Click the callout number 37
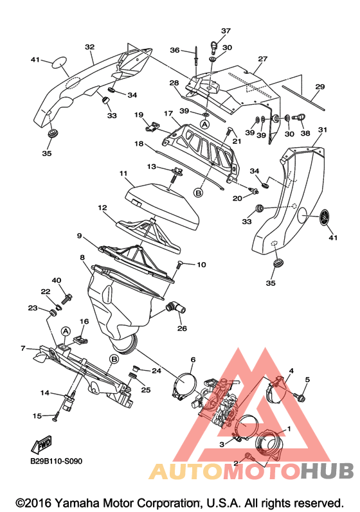coord(226,31)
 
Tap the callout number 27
coord(263,58)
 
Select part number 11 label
coord(123,173)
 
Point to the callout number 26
coord(182,328)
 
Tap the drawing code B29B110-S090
coord(56,461)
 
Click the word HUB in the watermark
coord(327,471)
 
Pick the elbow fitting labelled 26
coord(175,308)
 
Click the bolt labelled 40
coord(67,299)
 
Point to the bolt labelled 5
coord(300,397)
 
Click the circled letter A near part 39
coord(205,125)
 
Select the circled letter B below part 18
coord(198,193)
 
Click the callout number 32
coord(89,47)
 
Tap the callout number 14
coord(45,393)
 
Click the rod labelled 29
coord(303,98)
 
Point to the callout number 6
coord(193,360)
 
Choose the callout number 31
coord(323,130)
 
